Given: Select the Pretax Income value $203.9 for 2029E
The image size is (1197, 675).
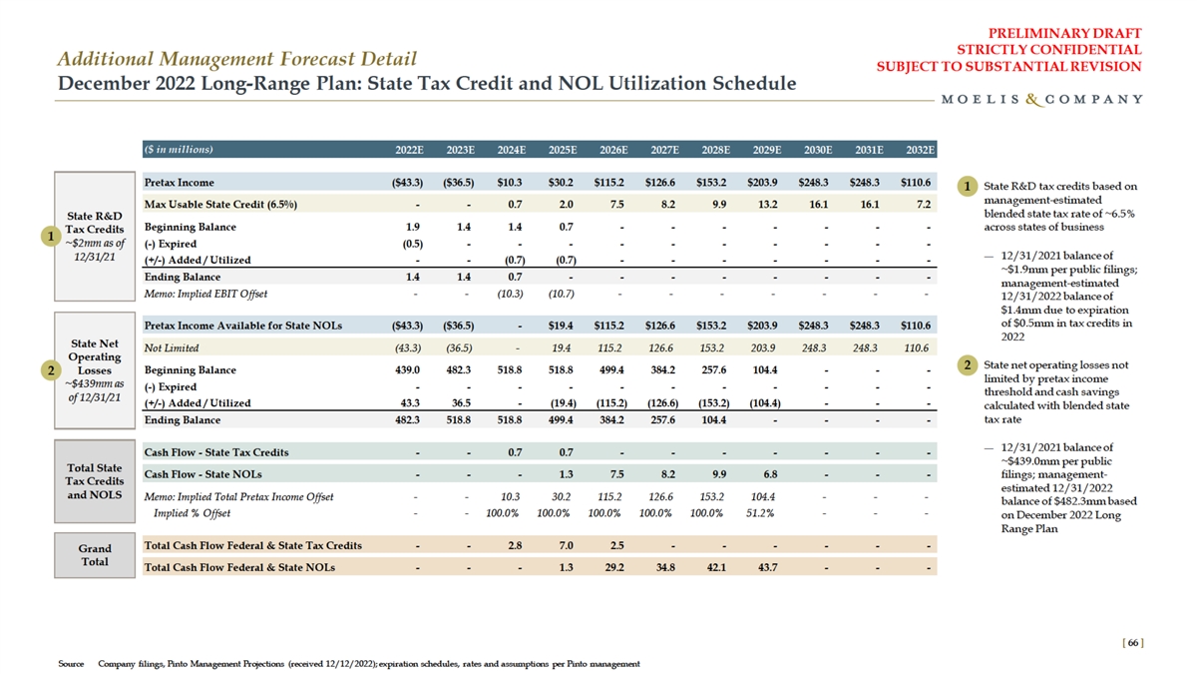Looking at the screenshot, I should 766,183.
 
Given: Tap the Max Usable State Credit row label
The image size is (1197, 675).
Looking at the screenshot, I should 220,205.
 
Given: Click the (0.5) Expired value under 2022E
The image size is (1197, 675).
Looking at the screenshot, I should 412,244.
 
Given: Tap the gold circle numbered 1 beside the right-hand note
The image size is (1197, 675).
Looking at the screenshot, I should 968,186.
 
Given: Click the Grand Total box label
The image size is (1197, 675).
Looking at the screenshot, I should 95,555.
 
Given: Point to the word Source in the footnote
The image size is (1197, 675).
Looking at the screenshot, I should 71,664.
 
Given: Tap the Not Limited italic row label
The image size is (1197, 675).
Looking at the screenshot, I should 173,347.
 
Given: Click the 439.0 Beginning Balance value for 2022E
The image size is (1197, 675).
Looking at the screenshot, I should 412,369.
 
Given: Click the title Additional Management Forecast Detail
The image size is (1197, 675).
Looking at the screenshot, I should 236,59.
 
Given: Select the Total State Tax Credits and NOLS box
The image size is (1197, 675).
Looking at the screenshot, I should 95,481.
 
